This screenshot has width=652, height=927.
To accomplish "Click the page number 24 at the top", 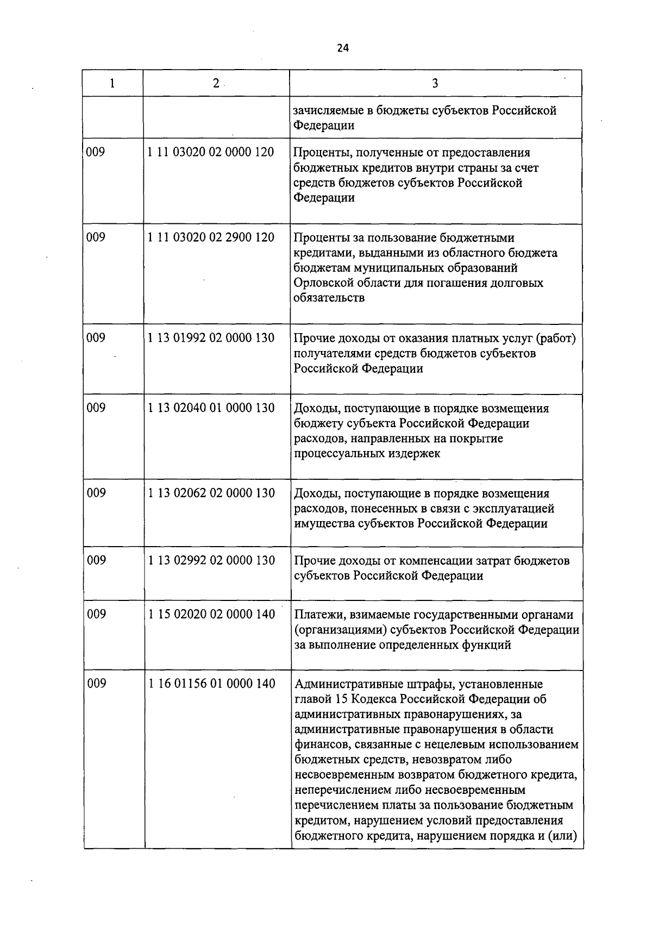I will click(342, 48).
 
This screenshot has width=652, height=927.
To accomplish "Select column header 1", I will click(112, 83).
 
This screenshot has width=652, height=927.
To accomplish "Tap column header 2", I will click(216, 83).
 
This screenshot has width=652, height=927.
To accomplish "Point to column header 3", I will click(435, 83).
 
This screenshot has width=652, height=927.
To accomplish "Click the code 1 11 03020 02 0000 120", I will click(211, 152).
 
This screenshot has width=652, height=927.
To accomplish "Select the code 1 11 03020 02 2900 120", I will click(211, 237).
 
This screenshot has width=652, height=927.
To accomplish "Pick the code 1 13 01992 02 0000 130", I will click(211, 338).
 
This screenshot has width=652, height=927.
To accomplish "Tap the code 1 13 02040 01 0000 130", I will click(211, 408).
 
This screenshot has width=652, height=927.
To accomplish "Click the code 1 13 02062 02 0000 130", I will click(211, 493).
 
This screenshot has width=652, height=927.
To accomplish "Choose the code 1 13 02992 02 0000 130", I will click(211, 560).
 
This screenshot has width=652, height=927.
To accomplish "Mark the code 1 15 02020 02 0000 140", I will click(211, 615).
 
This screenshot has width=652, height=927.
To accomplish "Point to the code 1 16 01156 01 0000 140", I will click(212, 684).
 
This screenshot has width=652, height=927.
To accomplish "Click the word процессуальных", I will click(338, 454).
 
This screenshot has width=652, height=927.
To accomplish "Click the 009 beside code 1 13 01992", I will click(96, 338).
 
